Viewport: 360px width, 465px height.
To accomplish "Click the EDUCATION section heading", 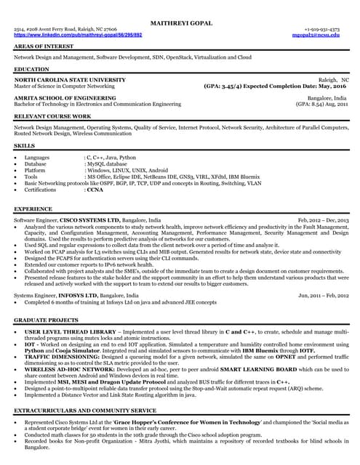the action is (x=32, y=69).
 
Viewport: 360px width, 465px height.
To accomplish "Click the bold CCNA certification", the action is (x=95, y=190).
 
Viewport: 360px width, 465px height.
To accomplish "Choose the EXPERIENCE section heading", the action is (x=33, y=209).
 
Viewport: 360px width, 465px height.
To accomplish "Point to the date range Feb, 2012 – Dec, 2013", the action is (x=324, y=219).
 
